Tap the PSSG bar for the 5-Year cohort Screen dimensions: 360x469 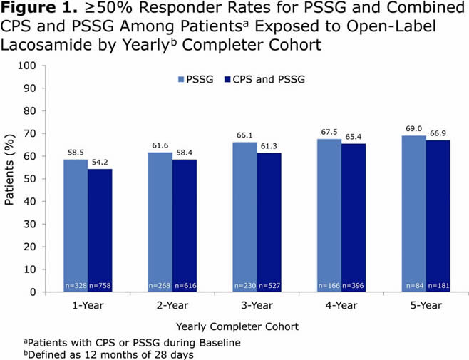(x=414, y=214)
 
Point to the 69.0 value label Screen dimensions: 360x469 (x=415, y=129)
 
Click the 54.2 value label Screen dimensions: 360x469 (x=100, y=163)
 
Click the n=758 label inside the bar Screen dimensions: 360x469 (x=100, y=286)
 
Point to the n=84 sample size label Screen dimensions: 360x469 (x=415, y=286)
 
